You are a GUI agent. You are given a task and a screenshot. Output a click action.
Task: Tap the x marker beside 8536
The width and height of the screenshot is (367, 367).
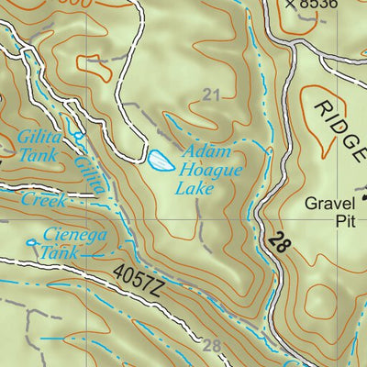[x=290, y=5]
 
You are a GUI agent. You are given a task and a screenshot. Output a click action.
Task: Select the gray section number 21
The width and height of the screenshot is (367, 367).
[x=212, y=95]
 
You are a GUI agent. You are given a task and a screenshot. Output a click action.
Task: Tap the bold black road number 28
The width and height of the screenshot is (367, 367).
[x=279, y=241]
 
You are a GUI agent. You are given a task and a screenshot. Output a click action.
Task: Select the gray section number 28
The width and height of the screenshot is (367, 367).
[x=212, y=346]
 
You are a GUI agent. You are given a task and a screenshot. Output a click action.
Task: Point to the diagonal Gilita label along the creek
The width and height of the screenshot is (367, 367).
[x=91, y=167]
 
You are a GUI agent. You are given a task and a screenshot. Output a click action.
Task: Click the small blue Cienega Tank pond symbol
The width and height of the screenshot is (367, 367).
[x=33, y=243]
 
